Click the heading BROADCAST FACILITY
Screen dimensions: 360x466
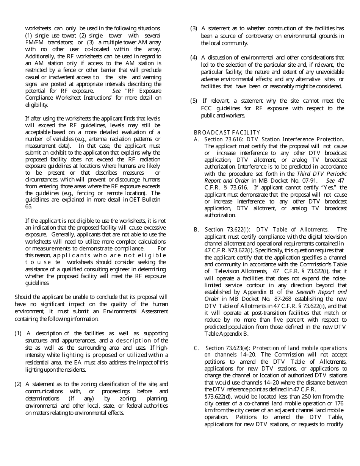[227, 133]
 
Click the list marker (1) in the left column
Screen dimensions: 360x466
[18, 333]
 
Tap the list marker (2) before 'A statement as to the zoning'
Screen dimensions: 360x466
[18, 384]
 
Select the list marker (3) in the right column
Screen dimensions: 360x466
[194, 28]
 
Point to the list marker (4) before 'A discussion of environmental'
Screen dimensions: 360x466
[194, 58]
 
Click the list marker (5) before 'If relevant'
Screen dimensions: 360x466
[194, 101]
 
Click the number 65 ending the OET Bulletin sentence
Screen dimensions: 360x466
[29, 206]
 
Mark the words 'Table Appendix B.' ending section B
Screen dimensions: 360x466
[226, 334]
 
